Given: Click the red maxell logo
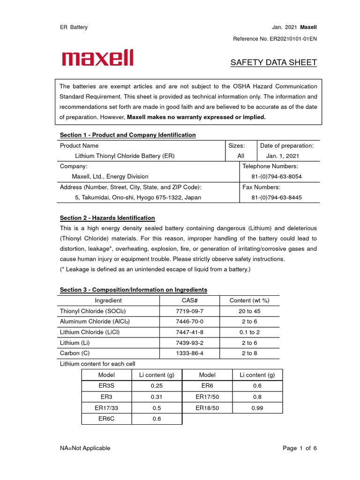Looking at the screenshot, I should tap(97, 58).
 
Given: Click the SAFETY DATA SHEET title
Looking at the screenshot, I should tap(273, 62).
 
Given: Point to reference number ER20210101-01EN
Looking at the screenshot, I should tap(275, 38).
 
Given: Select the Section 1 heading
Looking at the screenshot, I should tap(127, 135).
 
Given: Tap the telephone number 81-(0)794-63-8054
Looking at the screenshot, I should tap(277, 177).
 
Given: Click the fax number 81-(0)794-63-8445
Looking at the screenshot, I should tap(277, 197).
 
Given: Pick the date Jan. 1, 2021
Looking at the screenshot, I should tap(282, 156).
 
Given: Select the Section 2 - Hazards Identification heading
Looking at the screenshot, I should tap(107, 218).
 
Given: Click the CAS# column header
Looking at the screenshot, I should tap(189, 300).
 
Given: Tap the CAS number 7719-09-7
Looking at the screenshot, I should tap(189, 311).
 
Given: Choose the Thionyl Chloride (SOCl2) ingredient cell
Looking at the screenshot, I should tap(93, 311).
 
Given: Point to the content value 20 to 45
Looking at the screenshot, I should tap(249, 311).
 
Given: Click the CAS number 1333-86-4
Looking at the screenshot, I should tap(189, 353).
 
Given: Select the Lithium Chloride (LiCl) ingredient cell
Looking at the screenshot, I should tap(90, 332).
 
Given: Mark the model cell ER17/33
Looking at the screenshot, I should tap(106, 408).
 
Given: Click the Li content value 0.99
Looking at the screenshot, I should tap(257, 408).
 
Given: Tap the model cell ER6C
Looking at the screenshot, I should tap(106, 419).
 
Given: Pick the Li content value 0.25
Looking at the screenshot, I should tap(157, 385).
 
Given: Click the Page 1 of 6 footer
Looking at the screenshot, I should tap(300, 448).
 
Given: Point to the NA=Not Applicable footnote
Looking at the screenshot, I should tap(85, 448).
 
